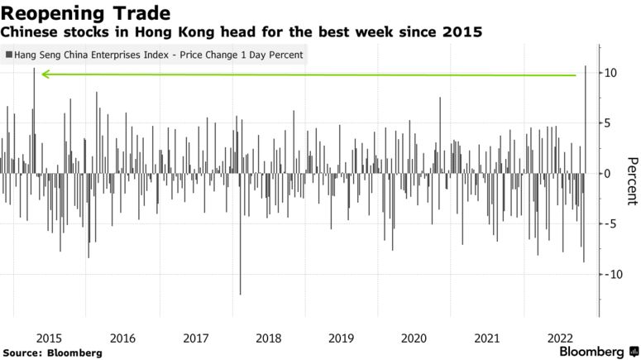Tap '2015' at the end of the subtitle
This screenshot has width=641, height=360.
coord(465,32)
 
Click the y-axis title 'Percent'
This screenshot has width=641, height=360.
coord(631,180)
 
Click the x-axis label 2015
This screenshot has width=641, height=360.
coord(50,338)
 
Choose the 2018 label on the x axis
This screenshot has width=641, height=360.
coord(269,338)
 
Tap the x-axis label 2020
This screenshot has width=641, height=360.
coord(414,338)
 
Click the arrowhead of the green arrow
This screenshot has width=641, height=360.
coord(45,74)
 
